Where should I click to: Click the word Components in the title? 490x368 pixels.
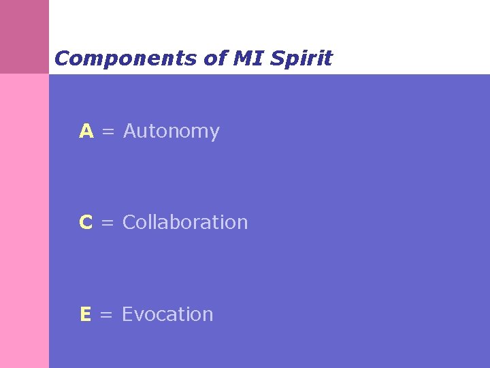pos(126,59)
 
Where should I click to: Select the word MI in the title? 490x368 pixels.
pos(248,59)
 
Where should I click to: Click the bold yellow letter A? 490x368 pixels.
pos(86,131)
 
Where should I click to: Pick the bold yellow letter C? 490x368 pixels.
pos(86,222)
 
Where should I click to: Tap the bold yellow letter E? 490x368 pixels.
pos(85,314)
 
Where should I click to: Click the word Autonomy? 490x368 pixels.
pos(171,132)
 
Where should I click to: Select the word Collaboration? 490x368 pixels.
pos(185,222)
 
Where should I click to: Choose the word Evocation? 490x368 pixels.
pos(167,314)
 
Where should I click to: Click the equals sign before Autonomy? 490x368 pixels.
pos(108,132)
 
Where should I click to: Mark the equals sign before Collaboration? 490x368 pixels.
pos(108,223)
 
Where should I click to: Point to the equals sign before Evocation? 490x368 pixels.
pos(106,315)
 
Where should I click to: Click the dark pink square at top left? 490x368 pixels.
pos(24,36)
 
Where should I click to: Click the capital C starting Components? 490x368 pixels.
pos(62,59)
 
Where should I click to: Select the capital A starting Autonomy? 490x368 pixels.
pos(131,131)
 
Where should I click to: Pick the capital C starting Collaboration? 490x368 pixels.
pos(130,222)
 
